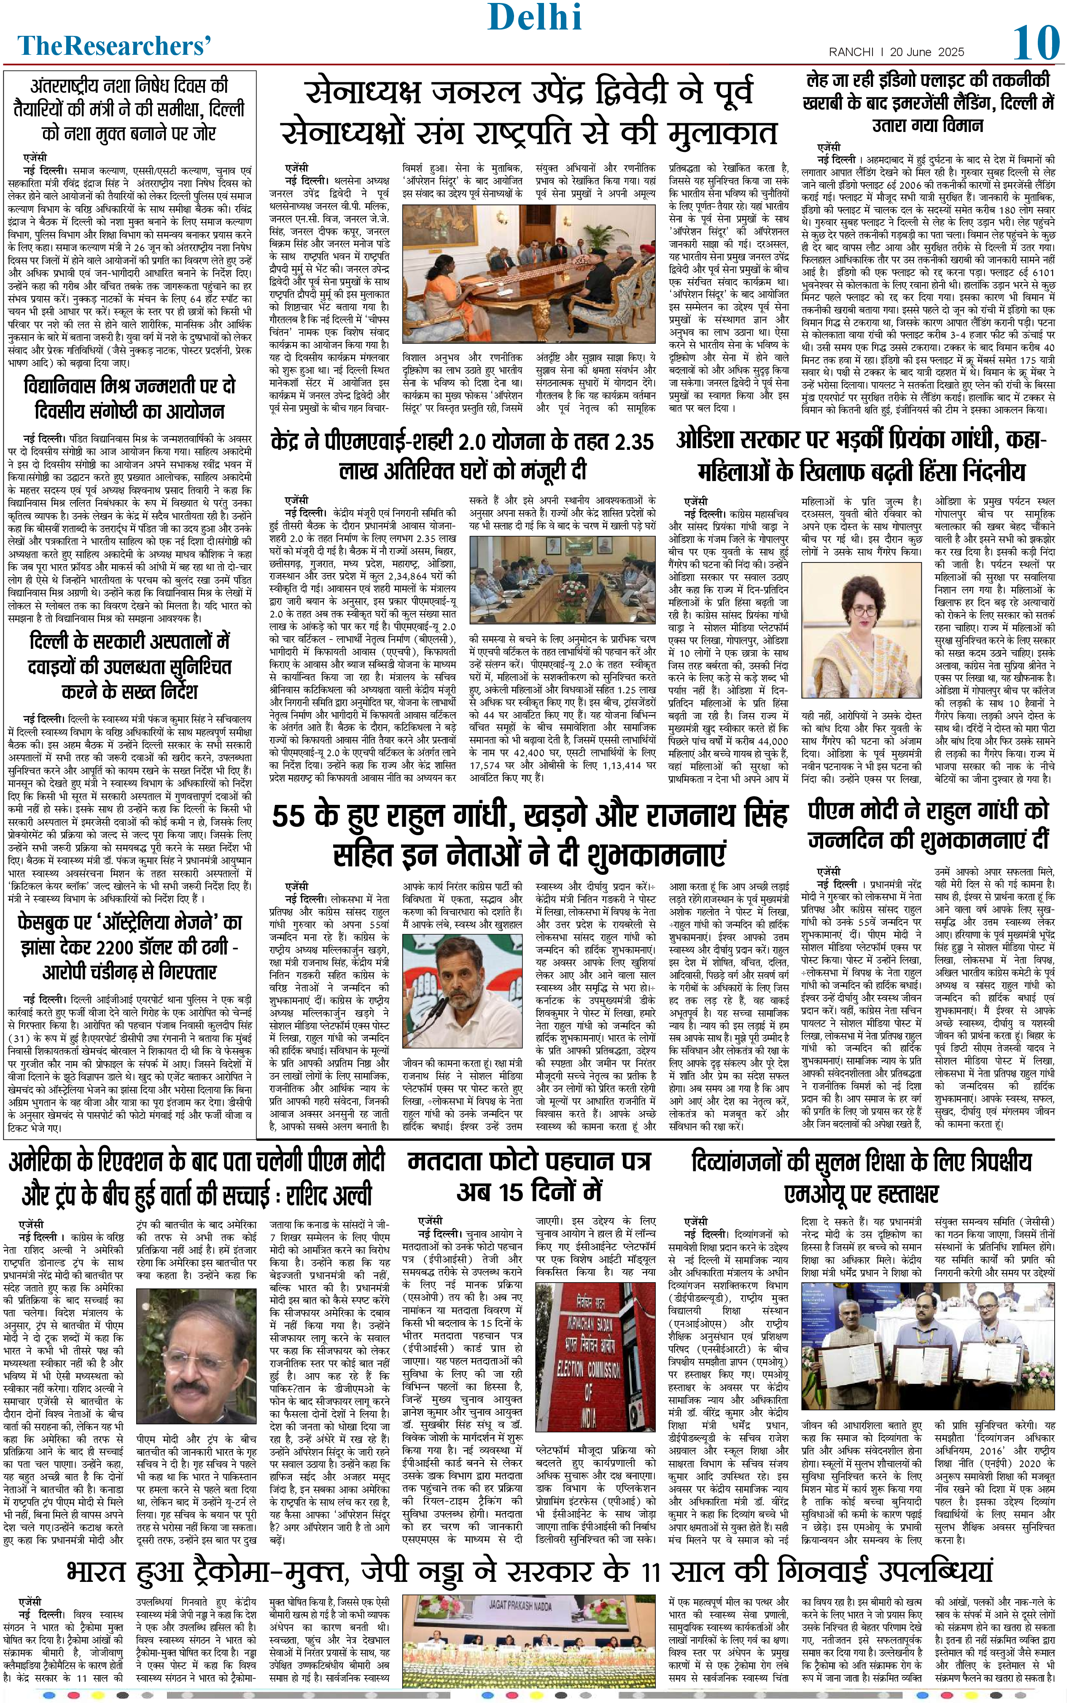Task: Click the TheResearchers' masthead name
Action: coord(115,46)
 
